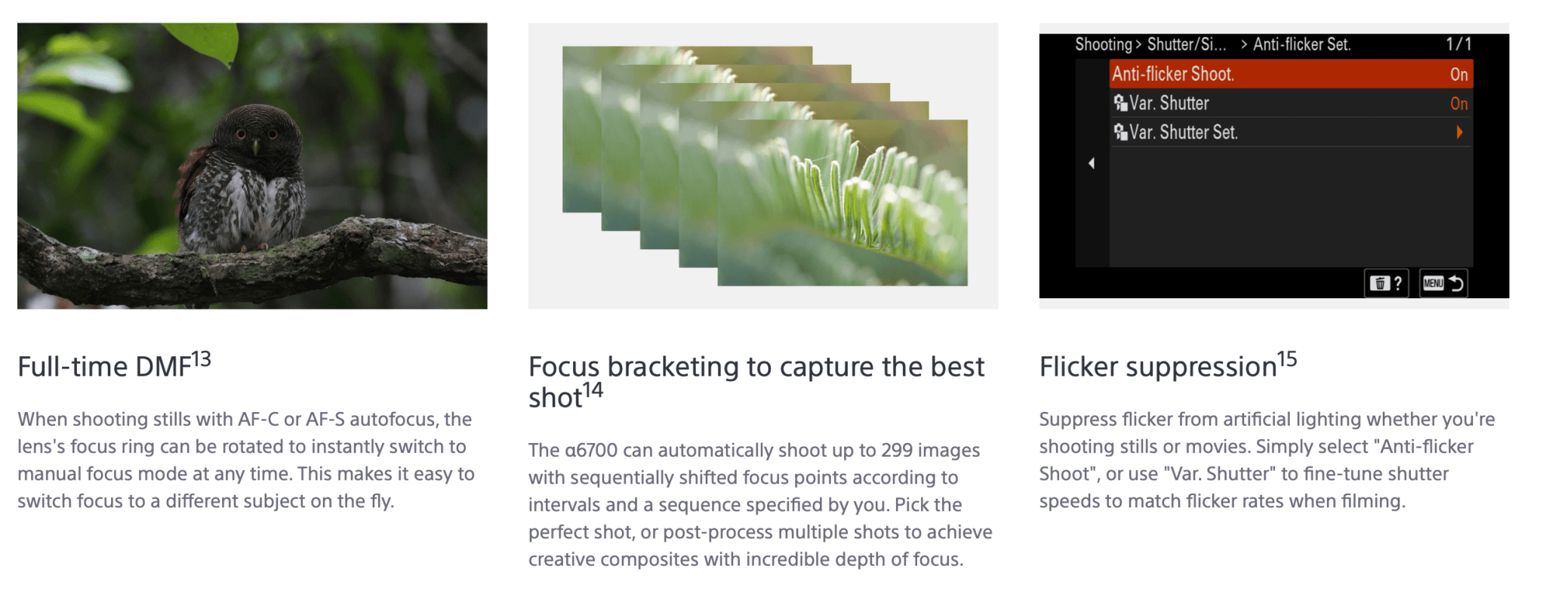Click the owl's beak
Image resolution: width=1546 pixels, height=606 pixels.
click(255, 146)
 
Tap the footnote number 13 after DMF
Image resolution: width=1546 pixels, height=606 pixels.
click(201, 359)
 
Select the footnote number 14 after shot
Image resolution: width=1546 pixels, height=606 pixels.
click(593, 390)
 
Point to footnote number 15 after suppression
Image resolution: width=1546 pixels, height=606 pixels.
click(1287, 359)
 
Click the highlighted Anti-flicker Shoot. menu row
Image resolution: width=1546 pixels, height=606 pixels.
click(1291, 74)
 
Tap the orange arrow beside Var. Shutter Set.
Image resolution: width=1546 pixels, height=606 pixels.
click(1460, 132)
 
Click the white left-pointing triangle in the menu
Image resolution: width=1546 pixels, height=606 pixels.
click(1092, 163)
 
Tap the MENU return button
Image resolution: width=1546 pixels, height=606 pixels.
click(1443, 283)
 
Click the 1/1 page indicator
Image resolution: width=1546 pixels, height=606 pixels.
click(1458, 45)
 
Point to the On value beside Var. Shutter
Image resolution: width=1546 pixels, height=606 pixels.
click(1459, 103)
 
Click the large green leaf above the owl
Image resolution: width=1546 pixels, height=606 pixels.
click(202, 41)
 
